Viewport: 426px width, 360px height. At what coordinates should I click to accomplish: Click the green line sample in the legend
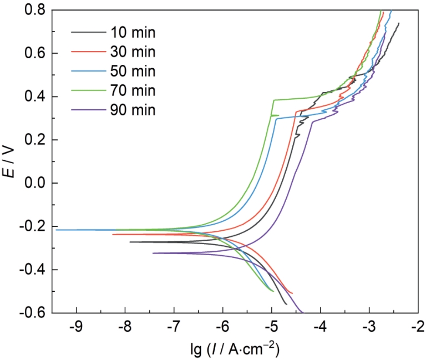(89, 90)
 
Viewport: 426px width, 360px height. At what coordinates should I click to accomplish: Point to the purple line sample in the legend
(89, 109)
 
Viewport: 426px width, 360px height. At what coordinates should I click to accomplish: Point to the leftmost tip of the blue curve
(56, 230)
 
